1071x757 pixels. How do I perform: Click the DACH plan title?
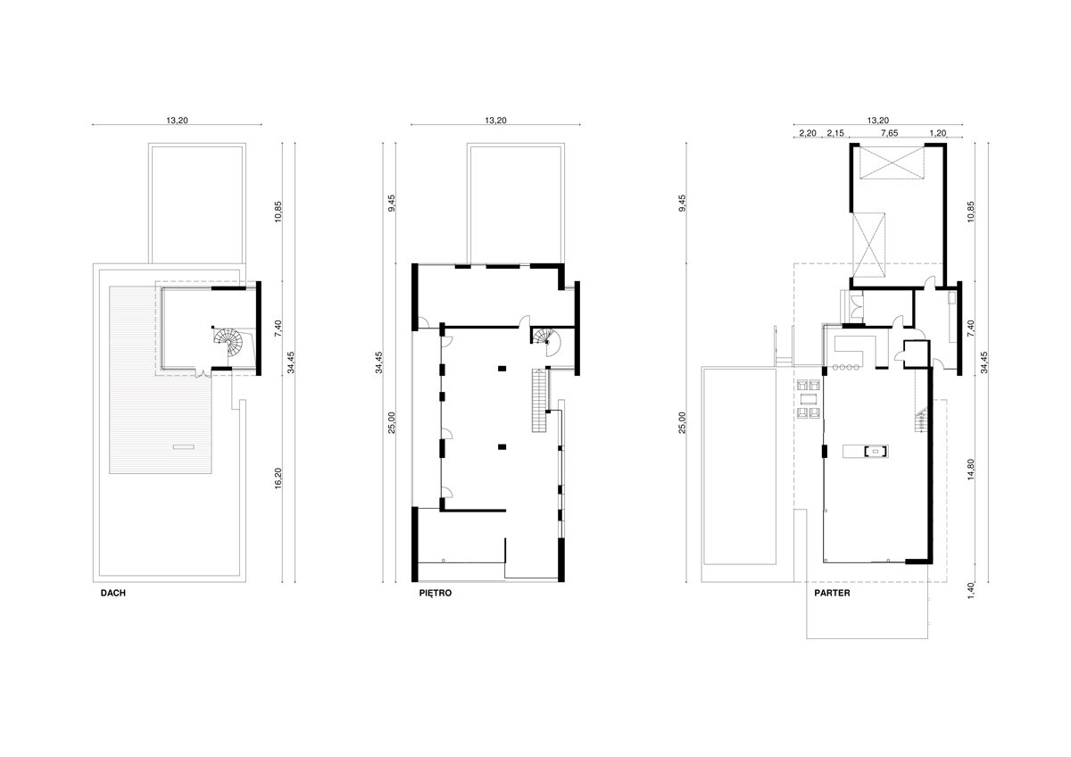(x=112, y=593)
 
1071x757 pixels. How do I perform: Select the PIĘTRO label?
(x=436, y=593)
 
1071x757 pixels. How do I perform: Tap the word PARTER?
(x=832, y=593)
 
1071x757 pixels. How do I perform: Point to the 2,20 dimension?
(x=808, y=133)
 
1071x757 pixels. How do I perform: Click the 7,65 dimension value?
(x=889, y=133)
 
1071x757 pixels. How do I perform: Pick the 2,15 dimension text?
(x=835, y=133)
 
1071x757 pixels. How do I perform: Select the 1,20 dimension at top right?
(x=938, y=133)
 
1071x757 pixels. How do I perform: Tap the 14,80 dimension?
(x=971, y=470)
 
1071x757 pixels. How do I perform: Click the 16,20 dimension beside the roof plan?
(x=278, y=478)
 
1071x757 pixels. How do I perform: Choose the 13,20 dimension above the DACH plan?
(x=177, y=121)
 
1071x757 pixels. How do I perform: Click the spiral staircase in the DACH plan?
(x=229, y=341)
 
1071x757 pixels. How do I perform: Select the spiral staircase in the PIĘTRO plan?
(x=547, y=343)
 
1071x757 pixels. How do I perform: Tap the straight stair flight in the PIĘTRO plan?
(x=540, y=401)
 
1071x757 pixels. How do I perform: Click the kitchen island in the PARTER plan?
(x=866, y=451)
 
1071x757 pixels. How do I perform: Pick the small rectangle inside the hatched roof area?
(x=184, y=446)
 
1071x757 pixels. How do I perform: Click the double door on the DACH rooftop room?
(x=203, y=373)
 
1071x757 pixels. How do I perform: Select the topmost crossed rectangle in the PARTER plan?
(x=891, y=162)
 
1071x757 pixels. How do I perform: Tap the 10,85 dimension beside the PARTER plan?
(x=971, y=212)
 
